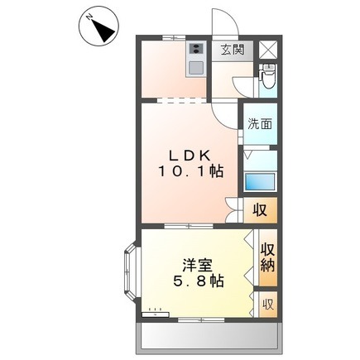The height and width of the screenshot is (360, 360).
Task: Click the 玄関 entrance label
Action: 233,50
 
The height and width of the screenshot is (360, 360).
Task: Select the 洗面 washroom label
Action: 260,124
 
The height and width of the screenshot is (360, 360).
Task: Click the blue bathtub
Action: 260,181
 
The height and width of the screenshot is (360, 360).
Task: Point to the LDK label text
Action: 190,156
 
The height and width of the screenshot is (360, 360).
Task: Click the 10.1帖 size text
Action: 190,172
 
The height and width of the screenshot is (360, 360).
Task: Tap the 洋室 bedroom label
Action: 197,266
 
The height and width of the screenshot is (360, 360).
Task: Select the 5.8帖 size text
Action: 198,281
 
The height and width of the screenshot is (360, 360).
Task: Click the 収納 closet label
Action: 267,257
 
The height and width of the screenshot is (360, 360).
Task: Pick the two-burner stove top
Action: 196,49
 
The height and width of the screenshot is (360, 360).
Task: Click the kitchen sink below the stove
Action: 196,68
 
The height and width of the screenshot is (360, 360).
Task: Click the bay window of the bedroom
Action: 130,272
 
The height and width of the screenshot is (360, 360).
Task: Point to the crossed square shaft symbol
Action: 268,50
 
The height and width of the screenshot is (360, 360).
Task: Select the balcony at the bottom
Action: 209,338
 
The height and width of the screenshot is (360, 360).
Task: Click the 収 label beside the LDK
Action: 260,210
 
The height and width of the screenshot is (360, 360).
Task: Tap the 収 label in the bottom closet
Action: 268,305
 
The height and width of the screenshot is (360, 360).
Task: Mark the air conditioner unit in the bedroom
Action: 155,314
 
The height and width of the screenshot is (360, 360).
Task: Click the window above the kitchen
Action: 174,37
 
